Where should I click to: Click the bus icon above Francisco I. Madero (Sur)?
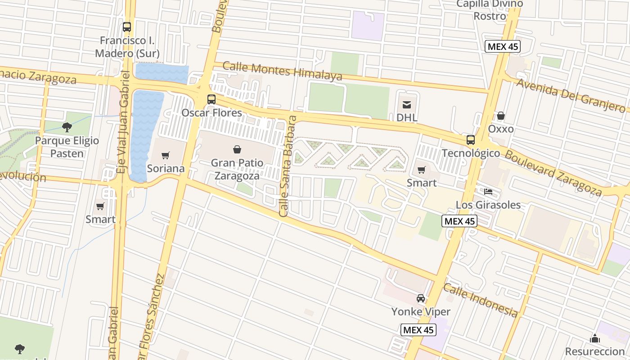(127, 27)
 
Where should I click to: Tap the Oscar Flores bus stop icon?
(211, 99)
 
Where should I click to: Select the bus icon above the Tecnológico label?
(471, 139)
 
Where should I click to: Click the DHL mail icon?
(407, 105)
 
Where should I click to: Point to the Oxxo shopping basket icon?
(501, 116)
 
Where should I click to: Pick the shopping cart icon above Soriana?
(166, 156)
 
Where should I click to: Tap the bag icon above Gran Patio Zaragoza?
(237, 149)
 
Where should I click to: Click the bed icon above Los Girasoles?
(488, 192)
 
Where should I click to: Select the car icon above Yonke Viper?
(421, 298)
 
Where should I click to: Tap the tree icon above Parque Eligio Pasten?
(67, 127)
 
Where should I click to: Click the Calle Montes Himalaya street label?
(282, 71)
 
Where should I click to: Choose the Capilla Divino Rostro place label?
(490, 10)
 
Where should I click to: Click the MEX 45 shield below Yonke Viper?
(418, 330)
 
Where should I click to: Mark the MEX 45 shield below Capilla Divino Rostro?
(503, 46)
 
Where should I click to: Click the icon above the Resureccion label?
(595, 338)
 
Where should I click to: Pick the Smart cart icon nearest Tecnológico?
(422, 170)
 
